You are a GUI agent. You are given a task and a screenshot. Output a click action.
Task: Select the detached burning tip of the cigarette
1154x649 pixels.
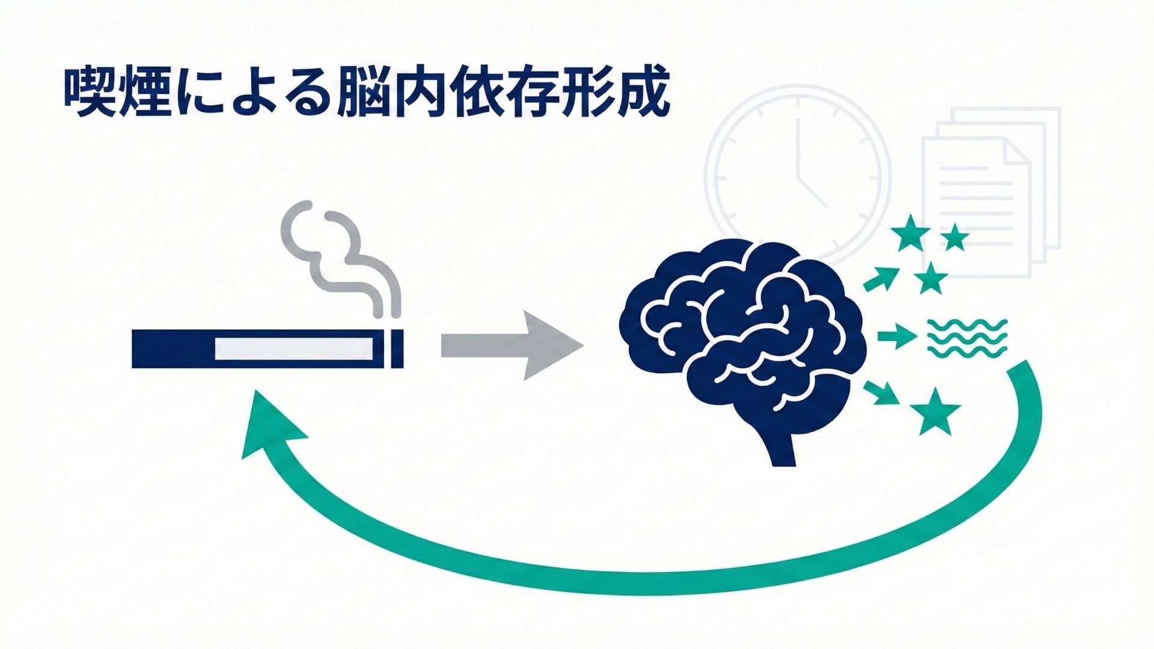click(x=397, y=349)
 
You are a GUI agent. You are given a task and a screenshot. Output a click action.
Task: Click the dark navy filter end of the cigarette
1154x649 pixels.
click(x=171, y=349)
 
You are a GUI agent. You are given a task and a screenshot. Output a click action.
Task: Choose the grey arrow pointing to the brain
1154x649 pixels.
click(x=511, y=346)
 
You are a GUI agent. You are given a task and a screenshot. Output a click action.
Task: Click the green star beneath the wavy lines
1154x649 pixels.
click(x=935, y=412)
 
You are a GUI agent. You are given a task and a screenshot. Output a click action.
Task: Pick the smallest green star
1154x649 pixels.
click(x=954, y=239)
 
